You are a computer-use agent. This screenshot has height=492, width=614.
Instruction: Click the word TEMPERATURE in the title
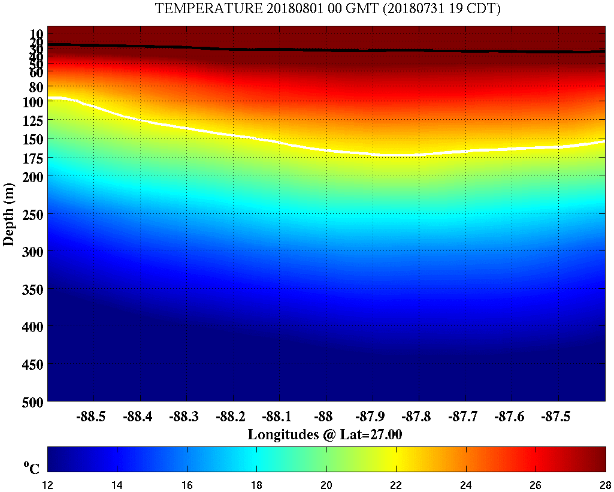pos(198,9)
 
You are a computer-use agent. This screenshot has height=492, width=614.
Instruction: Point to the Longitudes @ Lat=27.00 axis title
pos(325,434)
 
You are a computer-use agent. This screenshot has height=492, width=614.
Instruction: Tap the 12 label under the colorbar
pos(48,484)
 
